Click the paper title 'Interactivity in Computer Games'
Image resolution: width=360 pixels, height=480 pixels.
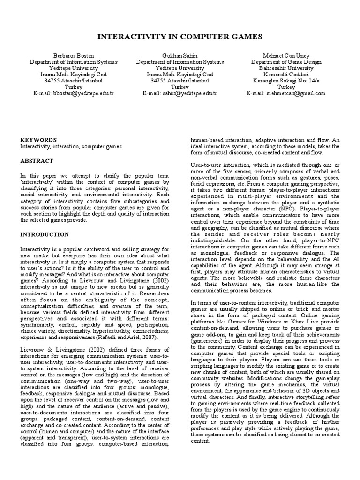tap(180, 37)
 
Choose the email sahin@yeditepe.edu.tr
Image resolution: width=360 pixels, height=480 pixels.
tap(180, 93)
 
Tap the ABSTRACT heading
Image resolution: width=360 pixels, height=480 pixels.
tap(37, 160)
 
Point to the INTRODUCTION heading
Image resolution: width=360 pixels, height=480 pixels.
tap(44, 234)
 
